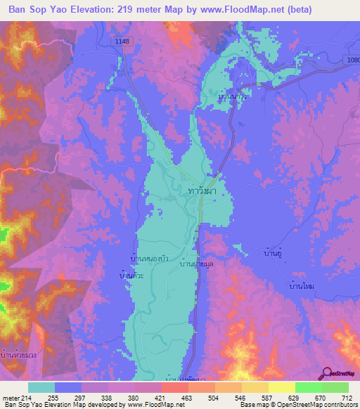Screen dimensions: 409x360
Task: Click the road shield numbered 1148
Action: tap(123, 42)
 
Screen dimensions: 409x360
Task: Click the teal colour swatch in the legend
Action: tap(41, 387)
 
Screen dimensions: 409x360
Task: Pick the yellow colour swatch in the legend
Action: tap(281, 387)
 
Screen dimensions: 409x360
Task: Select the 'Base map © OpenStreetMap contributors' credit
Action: tap(297, 405)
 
